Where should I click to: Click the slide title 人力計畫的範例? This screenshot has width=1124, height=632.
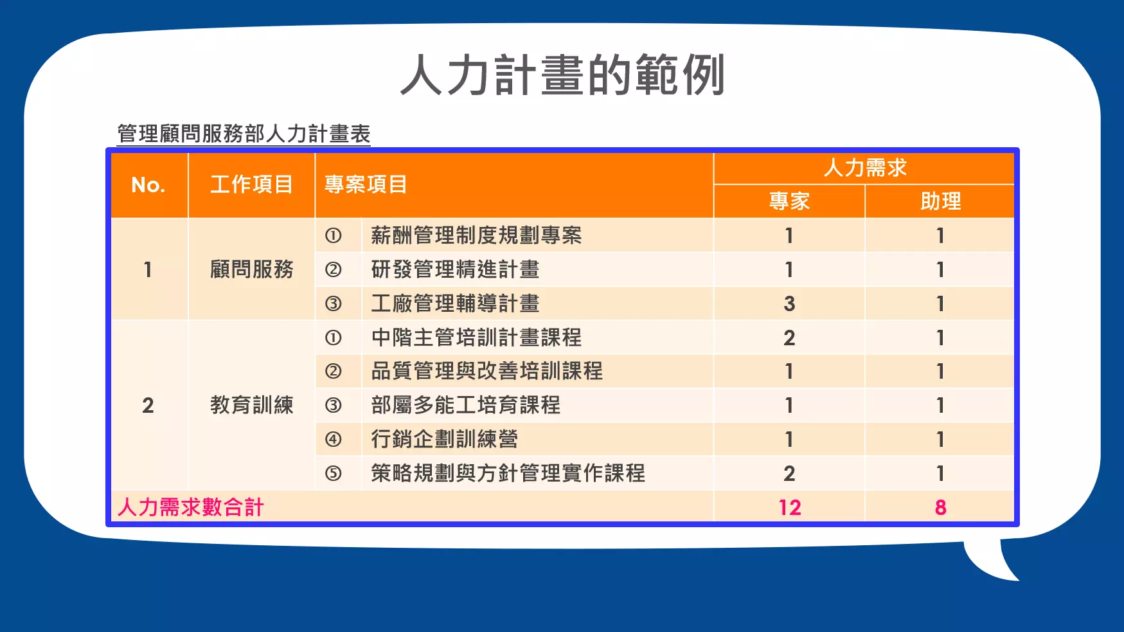point(563,75)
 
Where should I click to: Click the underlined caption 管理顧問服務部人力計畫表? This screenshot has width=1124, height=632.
point(244,134)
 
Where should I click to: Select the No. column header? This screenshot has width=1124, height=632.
point(148,185)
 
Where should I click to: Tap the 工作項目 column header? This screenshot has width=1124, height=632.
point(251,185)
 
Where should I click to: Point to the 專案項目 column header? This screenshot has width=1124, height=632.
point(366,185)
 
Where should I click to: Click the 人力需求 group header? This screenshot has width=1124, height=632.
point(865,168)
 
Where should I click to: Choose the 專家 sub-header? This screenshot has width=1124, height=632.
point(789,201)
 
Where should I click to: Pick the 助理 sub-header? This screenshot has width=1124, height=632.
point(940,201)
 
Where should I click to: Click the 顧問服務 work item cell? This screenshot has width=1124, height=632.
point(251,269)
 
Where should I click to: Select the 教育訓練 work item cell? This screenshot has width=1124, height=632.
point(251,405)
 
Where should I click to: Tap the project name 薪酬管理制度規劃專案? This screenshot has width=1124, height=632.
point(476,235)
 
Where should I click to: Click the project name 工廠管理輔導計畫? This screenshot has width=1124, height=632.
point(455,303)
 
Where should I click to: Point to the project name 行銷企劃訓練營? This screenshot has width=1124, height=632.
point(444,439)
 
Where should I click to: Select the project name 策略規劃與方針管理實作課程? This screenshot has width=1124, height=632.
point(508,473)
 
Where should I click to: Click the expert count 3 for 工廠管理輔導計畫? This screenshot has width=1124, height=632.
point(789,303)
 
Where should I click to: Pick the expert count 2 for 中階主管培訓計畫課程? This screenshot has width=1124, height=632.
point(789,338)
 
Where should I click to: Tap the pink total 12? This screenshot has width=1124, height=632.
point(790,507)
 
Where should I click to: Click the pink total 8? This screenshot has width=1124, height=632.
point(940,507)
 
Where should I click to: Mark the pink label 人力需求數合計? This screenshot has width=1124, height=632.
point(190,507)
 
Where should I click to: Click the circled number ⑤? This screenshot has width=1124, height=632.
point(333,473)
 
